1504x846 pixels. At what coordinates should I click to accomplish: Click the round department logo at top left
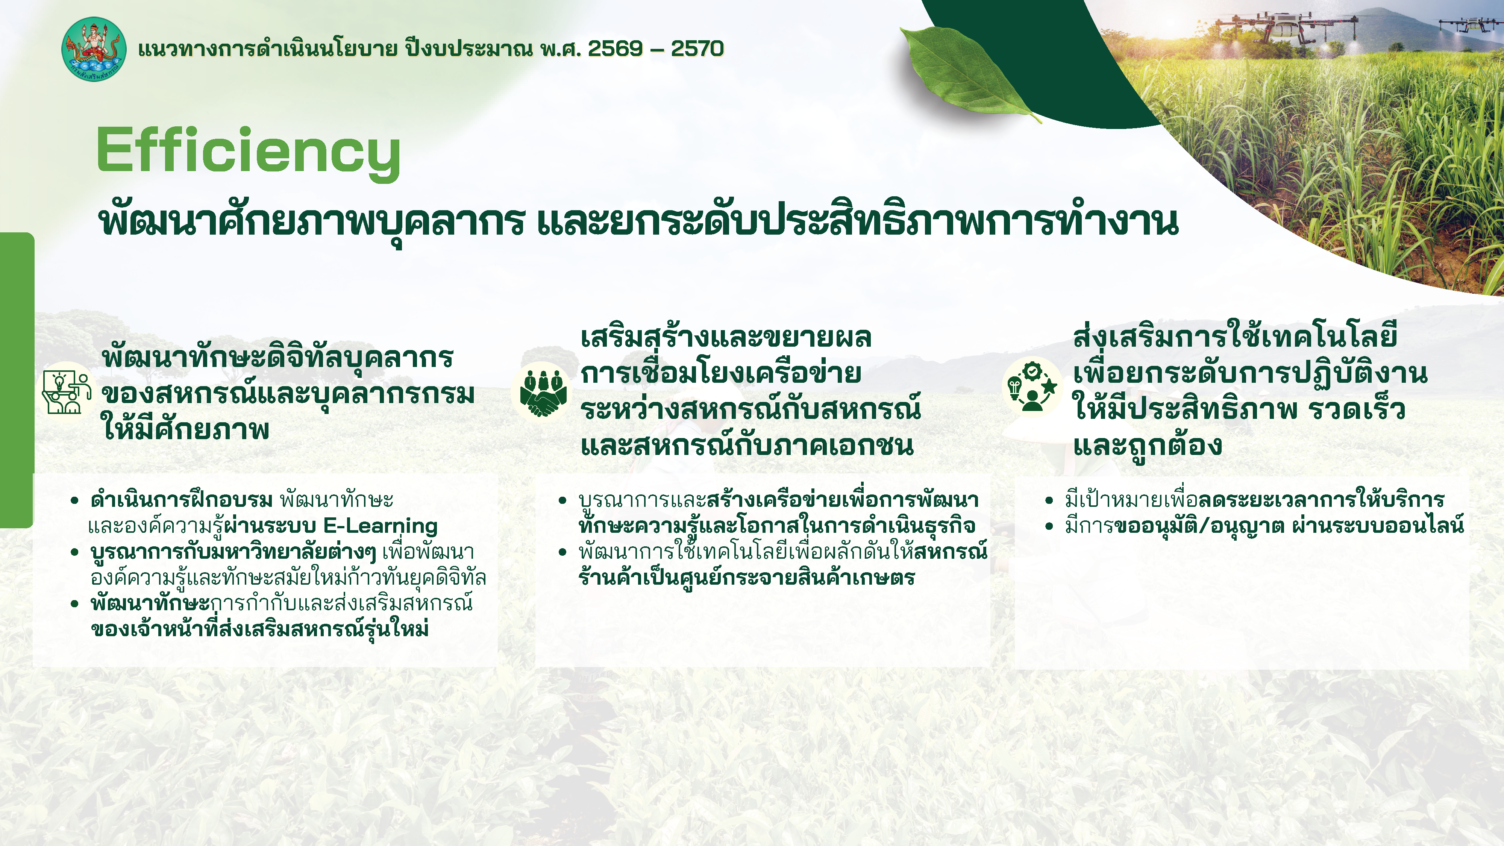coord(93,49)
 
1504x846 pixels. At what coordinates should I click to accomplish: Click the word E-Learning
coord(380,526)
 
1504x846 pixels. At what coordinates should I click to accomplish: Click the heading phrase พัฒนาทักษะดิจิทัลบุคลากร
coord(277,357)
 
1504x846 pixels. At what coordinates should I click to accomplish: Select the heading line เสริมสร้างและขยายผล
coord(726,338)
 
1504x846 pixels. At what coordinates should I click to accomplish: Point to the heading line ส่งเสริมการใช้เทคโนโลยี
coord(1235,338)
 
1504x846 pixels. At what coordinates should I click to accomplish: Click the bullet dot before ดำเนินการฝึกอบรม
coord(74,500)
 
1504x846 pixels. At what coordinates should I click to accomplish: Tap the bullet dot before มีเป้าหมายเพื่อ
coord(1049,500)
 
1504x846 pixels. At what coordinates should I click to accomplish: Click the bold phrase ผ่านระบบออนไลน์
coord(1378,526)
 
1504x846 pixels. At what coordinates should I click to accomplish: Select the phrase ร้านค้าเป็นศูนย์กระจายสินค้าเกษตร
coord(746,578)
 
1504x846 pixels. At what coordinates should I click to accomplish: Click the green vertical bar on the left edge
coord(16,379)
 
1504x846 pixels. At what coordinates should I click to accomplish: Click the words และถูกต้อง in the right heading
coord(1147,446)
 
